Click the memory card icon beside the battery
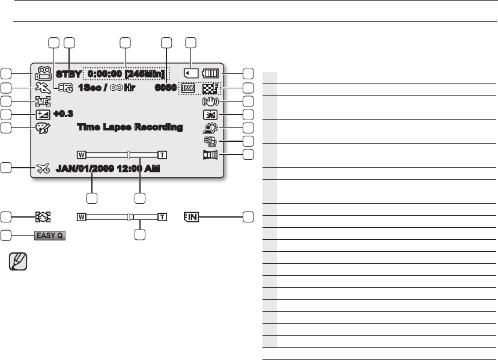(x=191, y=74)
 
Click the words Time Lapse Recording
(x=130, y=127)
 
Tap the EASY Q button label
(x=49, y=235)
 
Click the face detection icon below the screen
(x=43, y=216)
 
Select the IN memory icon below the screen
(x=191, y=216)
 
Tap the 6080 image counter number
(x=165, y=87)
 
